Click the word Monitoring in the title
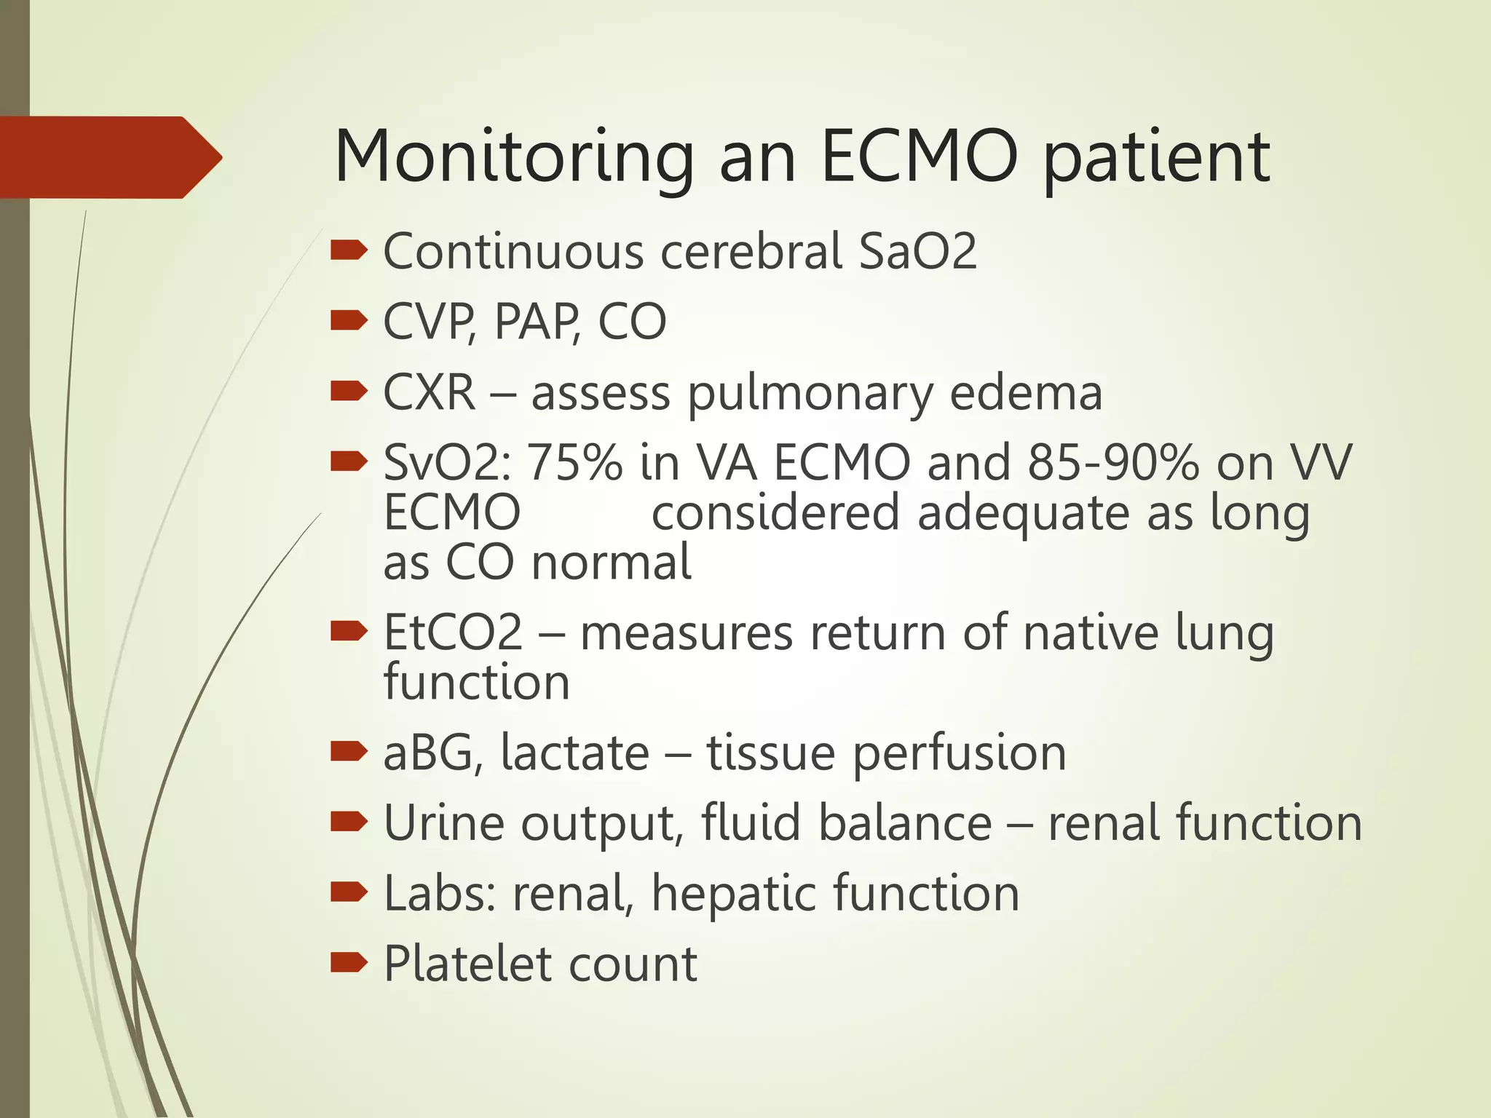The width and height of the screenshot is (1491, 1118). coord(513,158)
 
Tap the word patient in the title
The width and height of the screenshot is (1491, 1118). coord(1157,158)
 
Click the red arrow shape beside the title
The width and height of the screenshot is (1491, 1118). coord(109,157)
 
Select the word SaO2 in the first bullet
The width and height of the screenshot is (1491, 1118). coord(917,251)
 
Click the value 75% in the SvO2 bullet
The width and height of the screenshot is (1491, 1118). coord(575,463)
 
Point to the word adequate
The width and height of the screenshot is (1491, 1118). coord(1023,513)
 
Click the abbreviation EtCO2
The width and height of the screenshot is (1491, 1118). coord(453,632)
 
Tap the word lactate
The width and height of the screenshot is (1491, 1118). coord(574,753)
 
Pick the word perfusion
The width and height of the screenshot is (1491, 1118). coord(959,753)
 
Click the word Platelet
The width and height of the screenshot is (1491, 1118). coord(467,964)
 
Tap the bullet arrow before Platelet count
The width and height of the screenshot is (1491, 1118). coord(349,963)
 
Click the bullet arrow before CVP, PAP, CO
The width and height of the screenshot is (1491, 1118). coord(349,320)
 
